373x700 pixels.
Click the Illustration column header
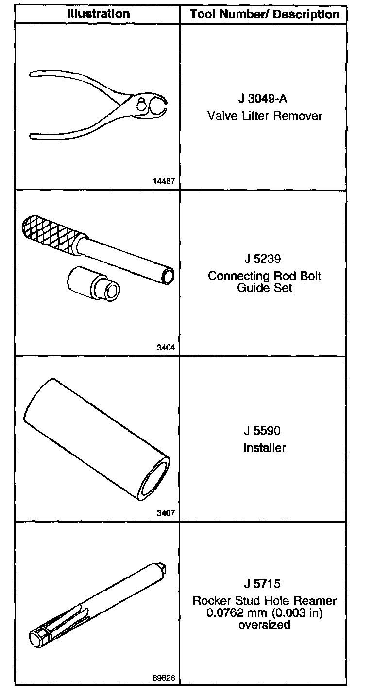tap(99, 14)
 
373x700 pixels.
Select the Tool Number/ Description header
tap(265, 14)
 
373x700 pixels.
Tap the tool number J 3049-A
tap(263, 99)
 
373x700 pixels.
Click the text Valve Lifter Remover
tap(265, 116)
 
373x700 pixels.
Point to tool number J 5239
tap(263, 259)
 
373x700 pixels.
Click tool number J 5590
tap(263, 431)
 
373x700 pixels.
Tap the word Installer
tap(265, 448)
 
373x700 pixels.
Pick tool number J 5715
tap(263, 583)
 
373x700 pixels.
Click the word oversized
tap(265, 625)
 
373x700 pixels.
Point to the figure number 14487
tap(163, 181)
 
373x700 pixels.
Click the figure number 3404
tap(166, 347)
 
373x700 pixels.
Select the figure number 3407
tap(166, 513)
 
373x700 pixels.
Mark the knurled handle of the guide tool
tap(49, 232)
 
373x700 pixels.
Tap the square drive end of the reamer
tap(163, 568)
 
